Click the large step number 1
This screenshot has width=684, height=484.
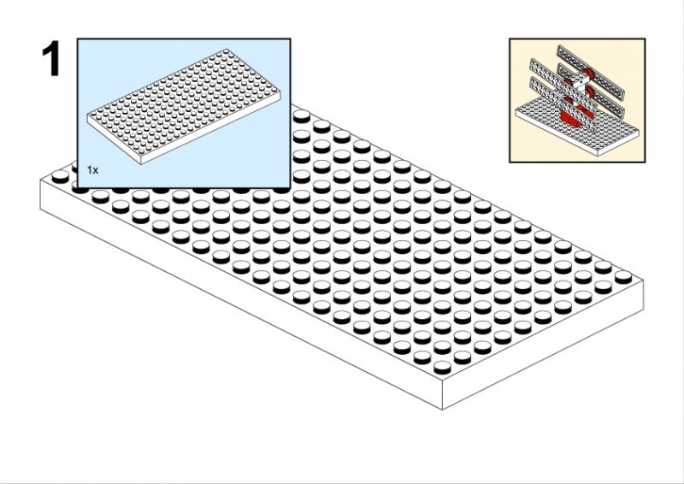51,58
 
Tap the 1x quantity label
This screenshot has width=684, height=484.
92,170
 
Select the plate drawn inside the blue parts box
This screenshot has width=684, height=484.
184,107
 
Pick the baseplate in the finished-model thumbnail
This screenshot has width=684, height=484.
577,126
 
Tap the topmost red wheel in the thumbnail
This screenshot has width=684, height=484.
587,74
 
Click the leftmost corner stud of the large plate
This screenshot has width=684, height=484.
60,176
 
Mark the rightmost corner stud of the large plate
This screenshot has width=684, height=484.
623,276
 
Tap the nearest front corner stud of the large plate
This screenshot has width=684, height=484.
442,367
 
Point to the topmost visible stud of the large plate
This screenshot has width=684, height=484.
302,115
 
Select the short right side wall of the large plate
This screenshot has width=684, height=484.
543,345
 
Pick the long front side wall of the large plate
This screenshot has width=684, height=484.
241,294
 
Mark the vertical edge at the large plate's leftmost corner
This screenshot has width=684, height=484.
40,195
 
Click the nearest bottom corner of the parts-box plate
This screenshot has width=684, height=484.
141,164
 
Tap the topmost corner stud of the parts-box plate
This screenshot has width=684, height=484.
226,51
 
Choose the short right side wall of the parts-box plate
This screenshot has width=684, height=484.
210,128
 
